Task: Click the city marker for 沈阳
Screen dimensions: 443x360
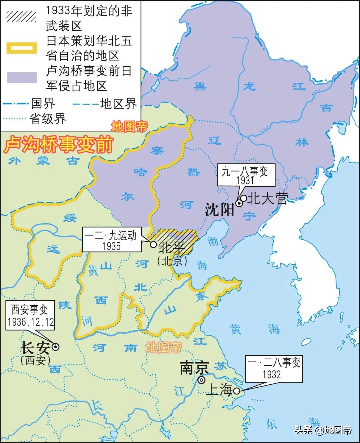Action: (239, 203)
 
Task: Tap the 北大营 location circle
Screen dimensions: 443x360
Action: (244, 199)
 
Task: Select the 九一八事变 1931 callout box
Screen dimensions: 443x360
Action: (246, 175)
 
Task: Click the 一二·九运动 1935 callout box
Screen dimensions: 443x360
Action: (111, 240)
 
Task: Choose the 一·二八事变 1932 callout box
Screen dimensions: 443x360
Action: (274, 368)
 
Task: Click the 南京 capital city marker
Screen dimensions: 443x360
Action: (201, 380)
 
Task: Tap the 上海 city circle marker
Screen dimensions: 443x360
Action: (236, 391)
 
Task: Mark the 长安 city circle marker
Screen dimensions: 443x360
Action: (56, 347)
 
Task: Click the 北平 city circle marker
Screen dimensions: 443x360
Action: (153, 244)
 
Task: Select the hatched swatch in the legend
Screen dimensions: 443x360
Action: (22, 16)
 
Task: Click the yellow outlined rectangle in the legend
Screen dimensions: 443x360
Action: (22, 48)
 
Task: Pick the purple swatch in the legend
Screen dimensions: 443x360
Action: (22, 77)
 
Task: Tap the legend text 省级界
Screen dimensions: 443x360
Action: (48, 119)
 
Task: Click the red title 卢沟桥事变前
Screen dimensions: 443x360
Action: (59, 144)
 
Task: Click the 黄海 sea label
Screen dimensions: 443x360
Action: (255, 329)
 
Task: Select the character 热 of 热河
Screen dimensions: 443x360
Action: (193, 172)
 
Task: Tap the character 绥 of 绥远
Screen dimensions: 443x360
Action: (70, 218)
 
